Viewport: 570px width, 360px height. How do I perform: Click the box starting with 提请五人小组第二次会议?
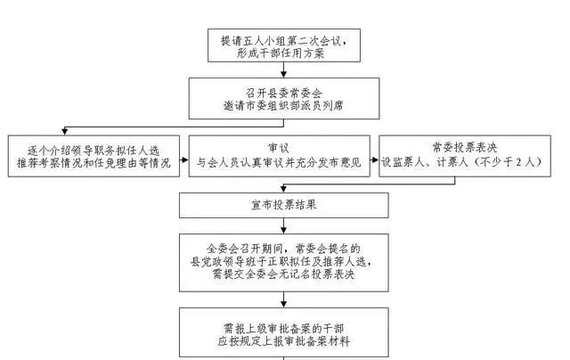(x=284, y=45)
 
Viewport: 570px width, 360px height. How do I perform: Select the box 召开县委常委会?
(x=284, y=98)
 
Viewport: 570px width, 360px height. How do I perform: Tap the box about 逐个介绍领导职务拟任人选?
(x=94, y=156)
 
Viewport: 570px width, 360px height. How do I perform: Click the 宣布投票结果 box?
(x=284, y=205)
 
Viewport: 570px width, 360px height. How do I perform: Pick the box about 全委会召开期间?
(x=284, y=263)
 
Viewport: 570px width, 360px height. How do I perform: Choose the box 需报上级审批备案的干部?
(x=284, y=332)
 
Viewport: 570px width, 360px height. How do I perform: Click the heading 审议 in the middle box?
(x=279, y=148)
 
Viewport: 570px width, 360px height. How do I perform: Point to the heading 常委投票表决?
(x=465, y=147)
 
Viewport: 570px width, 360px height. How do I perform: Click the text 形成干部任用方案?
(x=281, y=53)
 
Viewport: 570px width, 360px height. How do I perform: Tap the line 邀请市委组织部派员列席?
(x=283, y=105)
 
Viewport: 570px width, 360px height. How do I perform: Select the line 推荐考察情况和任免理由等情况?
(x=94, y=162)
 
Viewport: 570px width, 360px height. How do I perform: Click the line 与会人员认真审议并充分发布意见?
(x=279, y=162)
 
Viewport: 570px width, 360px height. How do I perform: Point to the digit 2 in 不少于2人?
(x=518, y=162)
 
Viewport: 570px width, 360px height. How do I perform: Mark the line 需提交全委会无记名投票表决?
(x=283, y=274)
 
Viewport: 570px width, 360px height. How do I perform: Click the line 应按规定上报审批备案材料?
(x=283, y=341)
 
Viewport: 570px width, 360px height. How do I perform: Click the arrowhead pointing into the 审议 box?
(x=185, y=160)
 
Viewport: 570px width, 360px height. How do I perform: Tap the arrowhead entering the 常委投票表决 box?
(x=375, y=160)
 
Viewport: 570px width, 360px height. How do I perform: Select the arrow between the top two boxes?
(x=283, y=70)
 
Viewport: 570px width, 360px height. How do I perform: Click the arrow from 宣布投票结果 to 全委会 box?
(x=283, y=225)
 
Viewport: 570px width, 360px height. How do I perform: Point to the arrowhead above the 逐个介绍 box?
(x=65, y=131)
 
